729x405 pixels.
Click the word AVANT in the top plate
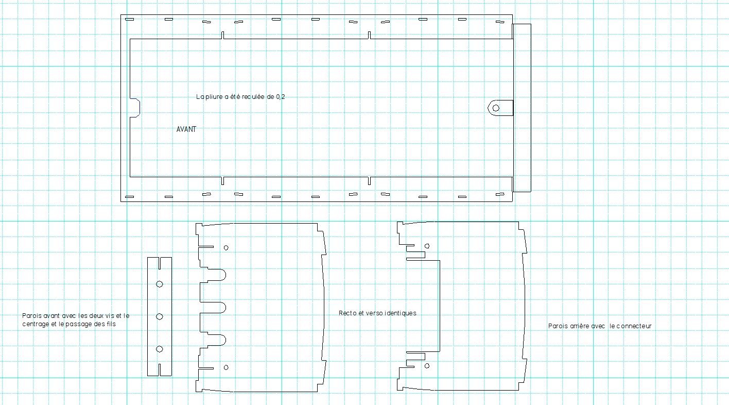[x=186, y=129]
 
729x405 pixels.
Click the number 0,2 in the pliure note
[x=281, y=97]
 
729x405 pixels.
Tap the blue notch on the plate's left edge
[x=135, y=108]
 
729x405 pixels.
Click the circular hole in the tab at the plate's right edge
[x=496, y=108]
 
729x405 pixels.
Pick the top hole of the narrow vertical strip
[x=160, y=284]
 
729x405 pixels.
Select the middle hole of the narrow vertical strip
[x=160, y=316]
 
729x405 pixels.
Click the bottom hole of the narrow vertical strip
[x=160, y=349]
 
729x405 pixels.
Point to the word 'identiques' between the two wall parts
[x=401, y=313]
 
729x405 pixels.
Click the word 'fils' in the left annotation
[x=111, y=324]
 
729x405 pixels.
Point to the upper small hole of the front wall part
[x=226, y=248]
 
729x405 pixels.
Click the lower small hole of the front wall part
[x=226, y=367]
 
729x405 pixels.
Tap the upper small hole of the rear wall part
[x=427, y=246]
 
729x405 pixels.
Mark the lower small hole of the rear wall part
[x=427, y=366]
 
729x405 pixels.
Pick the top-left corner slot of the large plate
[x=130, y=19]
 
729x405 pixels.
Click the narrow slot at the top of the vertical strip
[x=160, y=263]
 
